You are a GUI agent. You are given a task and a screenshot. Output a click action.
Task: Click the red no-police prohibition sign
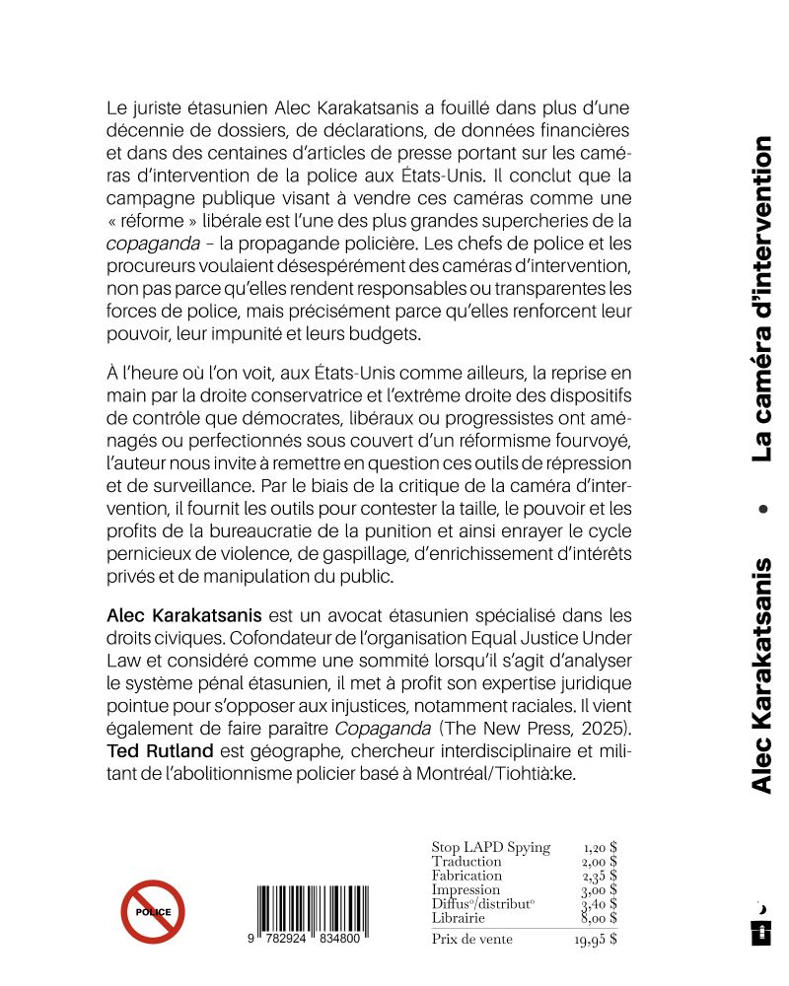click(x=153, y=912)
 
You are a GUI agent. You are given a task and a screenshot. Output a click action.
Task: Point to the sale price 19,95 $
click(x=596, y=940)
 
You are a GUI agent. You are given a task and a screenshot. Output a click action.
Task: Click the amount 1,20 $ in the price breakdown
click(x=600, y=847)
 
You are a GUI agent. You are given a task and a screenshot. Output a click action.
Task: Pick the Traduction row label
click(x=466, y=861)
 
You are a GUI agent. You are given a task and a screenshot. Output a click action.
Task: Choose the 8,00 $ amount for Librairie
click(x=600, y=918)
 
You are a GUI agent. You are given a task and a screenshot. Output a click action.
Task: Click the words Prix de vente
click(x=472, y=940)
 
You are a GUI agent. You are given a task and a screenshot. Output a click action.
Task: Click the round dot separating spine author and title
click(x=760, y=510)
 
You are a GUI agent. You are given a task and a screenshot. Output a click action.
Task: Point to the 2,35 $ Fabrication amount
click(x=600, y=876)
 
